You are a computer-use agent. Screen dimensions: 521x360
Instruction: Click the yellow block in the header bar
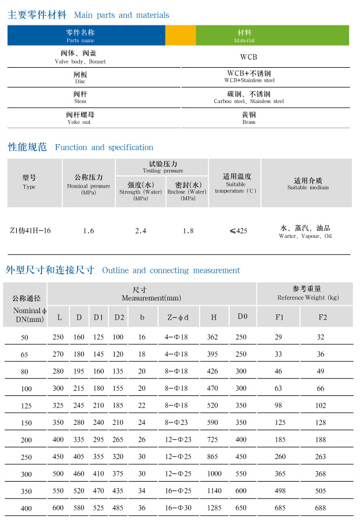[x=181, y=35]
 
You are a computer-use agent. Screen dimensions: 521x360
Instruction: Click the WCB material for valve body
[x=248, y=57]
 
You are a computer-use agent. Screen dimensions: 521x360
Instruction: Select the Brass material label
[x=249, y=119]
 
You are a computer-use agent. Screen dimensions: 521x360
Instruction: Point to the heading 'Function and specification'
[x=104, y=148]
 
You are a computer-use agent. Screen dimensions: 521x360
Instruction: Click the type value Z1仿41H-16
[x=31, y=230]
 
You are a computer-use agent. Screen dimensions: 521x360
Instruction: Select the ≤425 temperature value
[x=238, y=230]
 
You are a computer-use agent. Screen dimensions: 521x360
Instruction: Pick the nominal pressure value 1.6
[x=89, y=231]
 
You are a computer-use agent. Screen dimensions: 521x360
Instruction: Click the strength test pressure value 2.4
[x=141, y=231]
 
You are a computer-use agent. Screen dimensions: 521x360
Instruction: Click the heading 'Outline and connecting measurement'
[x=171, y=270]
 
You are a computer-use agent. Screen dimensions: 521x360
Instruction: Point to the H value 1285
[x=214, y=508]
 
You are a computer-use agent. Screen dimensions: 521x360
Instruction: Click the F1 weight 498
[x=280, y=491]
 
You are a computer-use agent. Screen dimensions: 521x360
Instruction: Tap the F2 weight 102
[x=321, y=406]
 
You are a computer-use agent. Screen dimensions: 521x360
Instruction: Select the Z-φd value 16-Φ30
[x=177, y=508]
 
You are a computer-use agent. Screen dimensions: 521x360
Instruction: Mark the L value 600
[x=58, y=508]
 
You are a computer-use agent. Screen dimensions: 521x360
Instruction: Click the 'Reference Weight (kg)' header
[x=307, y=293]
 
